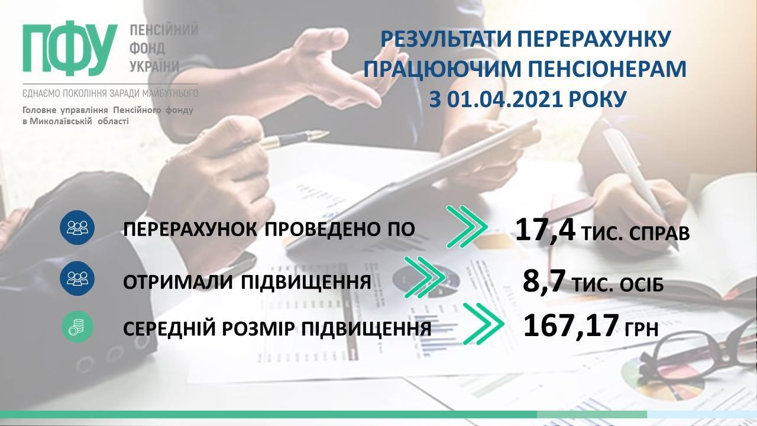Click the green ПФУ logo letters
(x=70, y=48)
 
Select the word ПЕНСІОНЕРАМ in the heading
(x=607, y=69)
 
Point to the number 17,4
(x=545, y=230)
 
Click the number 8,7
(x=544, y=281)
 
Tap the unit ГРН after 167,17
(x=641, y=328)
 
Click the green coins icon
(x=77, y=327)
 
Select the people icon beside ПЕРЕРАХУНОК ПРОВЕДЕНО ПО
(x=77, y=227)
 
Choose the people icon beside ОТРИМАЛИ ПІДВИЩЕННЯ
(x=77, y=278)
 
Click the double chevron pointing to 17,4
(x=467, y=226)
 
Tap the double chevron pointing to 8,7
(x=425, y=277)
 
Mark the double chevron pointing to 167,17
(x=483, y=324)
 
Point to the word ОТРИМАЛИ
(x=178, y=282)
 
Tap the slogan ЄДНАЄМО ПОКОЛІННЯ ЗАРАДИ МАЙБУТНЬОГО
(x=111, y=93)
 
